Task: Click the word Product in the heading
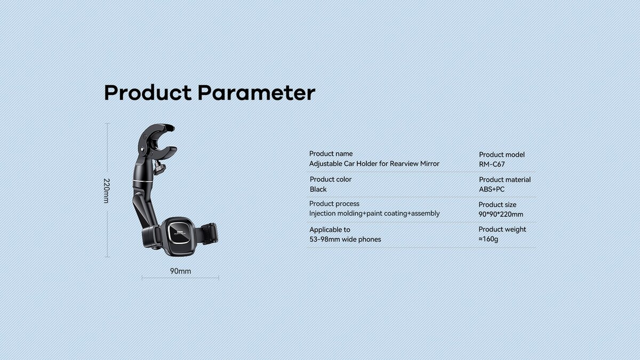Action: pos(148,93)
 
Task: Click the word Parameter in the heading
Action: pos(257,93)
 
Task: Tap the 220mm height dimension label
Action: pos(106,190)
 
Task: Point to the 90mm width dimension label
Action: pos(181,271)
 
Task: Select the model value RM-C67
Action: pos(492,164)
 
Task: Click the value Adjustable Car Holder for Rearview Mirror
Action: pos(374,164)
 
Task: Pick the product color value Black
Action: pos(318,189)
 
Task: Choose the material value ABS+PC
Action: pos(492,189)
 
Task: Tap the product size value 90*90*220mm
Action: pos(501,214)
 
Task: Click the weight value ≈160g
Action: pos(489,239)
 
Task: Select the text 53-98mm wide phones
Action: pos(345,239)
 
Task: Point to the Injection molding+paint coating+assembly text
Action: pos(374,213)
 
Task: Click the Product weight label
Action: pos(502,229)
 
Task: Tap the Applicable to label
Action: pos(330,230)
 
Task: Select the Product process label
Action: pos(334,204)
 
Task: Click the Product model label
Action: pos(502,155)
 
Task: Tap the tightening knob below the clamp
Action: pos(159,167)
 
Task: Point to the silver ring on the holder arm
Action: pos(142,181)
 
